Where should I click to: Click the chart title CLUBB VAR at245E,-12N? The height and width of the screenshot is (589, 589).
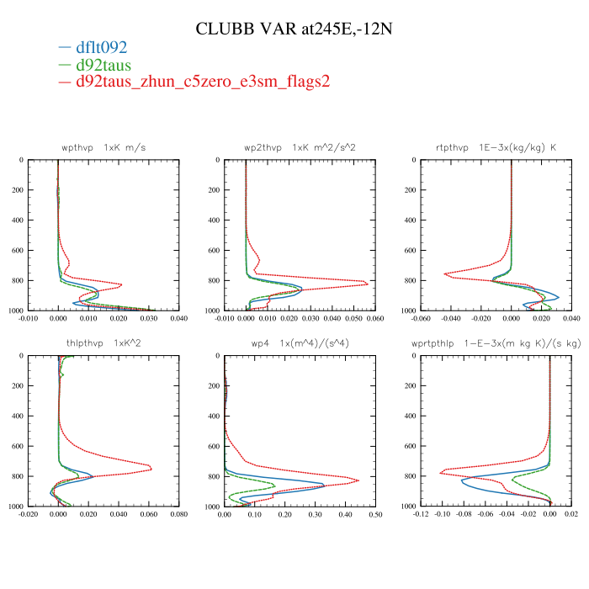pyautogui.click(x=294, y=29)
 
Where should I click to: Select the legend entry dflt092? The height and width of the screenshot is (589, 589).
pyautogui.click(x=101, y=48)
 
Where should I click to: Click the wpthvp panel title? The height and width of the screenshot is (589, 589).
pyautogui.click(x=103, y=147)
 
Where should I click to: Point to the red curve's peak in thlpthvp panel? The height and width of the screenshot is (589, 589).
pyautogui.click(x=151, y=468)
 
